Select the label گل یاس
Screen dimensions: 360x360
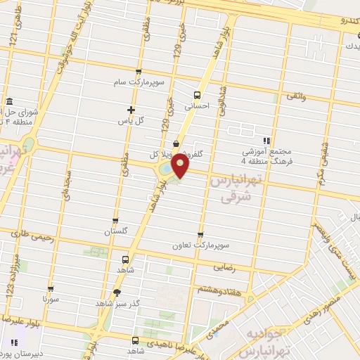point(130,120)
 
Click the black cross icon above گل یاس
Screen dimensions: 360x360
point(131,109)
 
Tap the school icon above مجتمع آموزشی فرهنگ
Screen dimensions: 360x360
point(266,141)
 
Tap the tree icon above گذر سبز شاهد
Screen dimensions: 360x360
point(116,292)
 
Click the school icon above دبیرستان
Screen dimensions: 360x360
point(13,344)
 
